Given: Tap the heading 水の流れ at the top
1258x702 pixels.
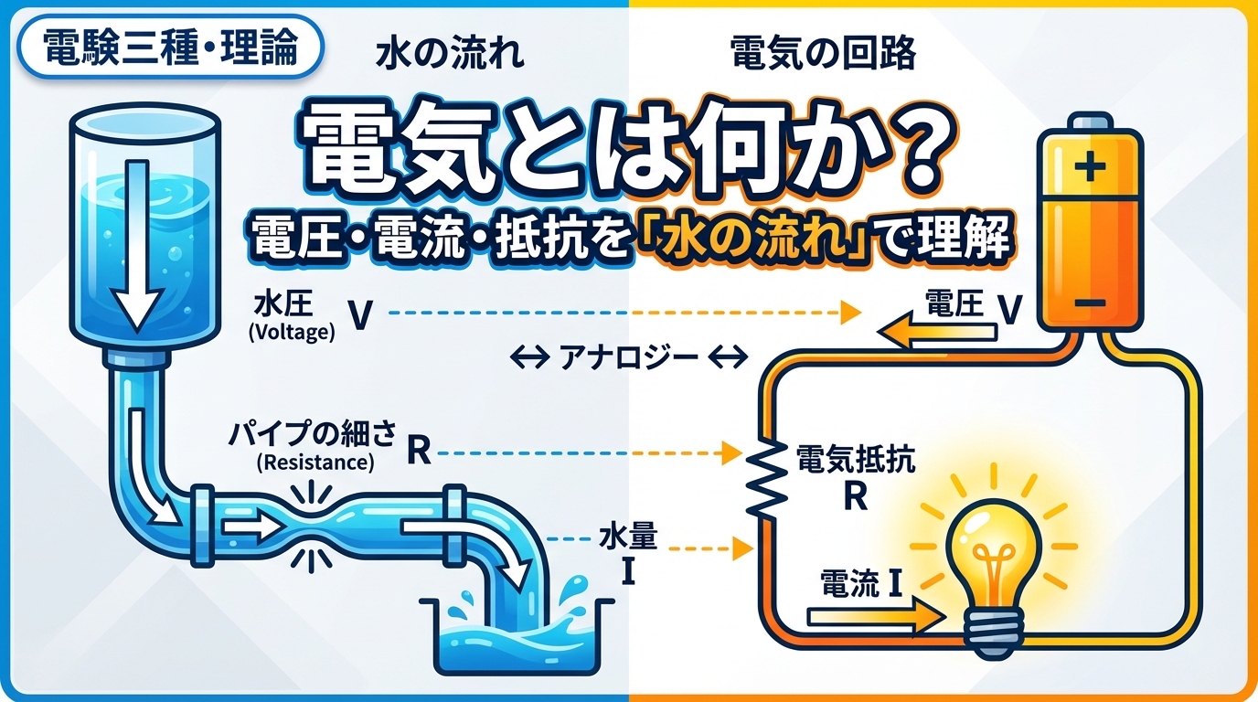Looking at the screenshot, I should pyautogui.click(x=450, y=56).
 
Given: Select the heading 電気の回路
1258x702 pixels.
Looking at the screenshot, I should pyautogui.click(x=823, y=56).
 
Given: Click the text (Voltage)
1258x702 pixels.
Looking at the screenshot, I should pyautogui.click(x=291, y=334).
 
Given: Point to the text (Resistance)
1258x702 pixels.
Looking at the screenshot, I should pyautogui.click(x=314, y=463).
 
